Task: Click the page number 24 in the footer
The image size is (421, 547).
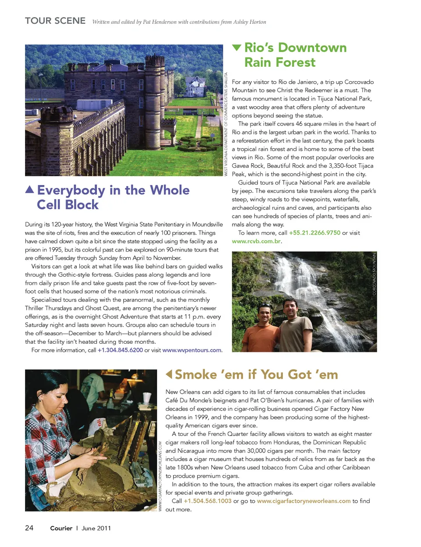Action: point(29,528)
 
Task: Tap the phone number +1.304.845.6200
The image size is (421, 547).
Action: point(120,350)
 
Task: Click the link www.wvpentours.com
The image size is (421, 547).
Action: point(192,350)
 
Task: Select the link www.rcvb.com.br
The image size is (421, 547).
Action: point(256,241)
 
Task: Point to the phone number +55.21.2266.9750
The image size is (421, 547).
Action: point(314,233)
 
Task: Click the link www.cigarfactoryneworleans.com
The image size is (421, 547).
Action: point(303,501)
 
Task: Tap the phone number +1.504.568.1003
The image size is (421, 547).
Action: point(207,501)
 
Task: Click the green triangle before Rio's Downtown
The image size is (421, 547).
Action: point(237,47)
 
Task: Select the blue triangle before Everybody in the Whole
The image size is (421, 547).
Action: point(29,190)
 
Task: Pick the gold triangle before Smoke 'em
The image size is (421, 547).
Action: point(169,374)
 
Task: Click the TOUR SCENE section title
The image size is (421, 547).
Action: point(55,21)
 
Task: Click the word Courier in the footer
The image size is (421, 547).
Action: point(61,528)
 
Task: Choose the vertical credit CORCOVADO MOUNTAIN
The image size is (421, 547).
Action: point(375,274)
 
